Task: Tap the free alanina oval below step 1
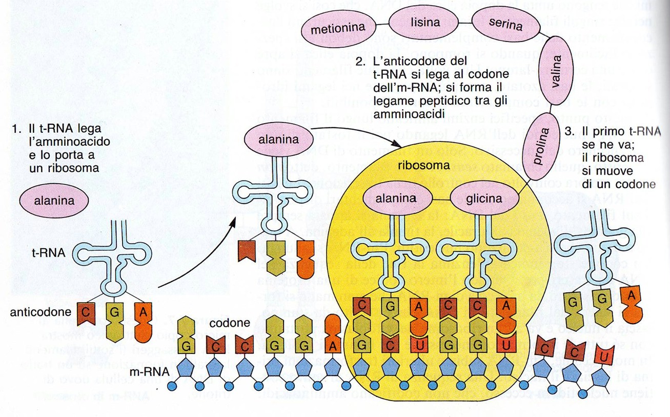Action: (x=55, y=200)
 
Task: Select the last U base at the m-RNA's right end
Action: (x=605, y=355)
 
